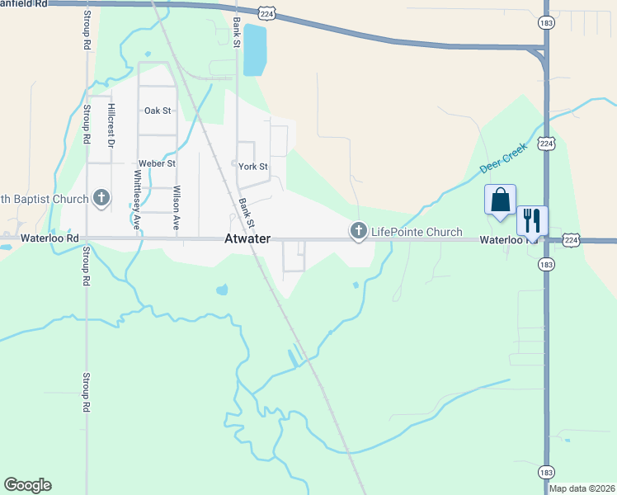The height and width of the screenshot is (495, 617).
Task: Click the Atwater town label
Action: coord(247,239)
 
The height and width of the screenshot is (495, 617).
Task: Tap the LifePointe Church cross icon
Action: coord(358,232)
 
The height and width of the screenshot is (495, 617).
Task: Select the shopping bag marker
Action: coord(500,200)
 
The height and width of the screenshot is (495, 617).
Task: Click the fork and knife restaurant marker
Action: coord(532,220)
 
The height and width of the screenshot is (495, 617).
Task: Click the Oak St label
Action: coord(157,111)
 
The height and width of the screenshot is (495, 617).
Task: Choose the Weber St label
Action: coord(157,164)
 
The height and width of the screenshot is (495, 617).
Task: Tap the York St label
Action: coord(253,167)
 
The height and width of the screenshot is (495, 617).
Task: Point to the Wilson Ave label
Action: coord(176,207)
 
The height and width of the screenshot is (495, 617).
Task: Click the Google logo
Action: coord(27,485)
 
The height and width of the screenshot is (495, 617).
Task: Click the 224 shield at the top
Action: coord(265,14)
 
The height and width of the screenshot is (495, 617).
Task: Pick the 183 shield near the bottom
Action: coord(546,472)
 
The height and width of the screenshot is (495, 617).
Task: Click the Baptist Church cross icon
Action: coord(101,198)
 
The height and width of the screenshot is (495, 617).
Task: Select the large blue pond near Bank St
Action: coord(255,49)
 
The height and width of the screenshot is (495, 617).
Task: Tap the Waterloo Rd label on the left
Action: coord(39,238)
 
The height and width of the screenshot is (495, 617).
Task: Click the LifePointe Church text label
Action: coord(417,233)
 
